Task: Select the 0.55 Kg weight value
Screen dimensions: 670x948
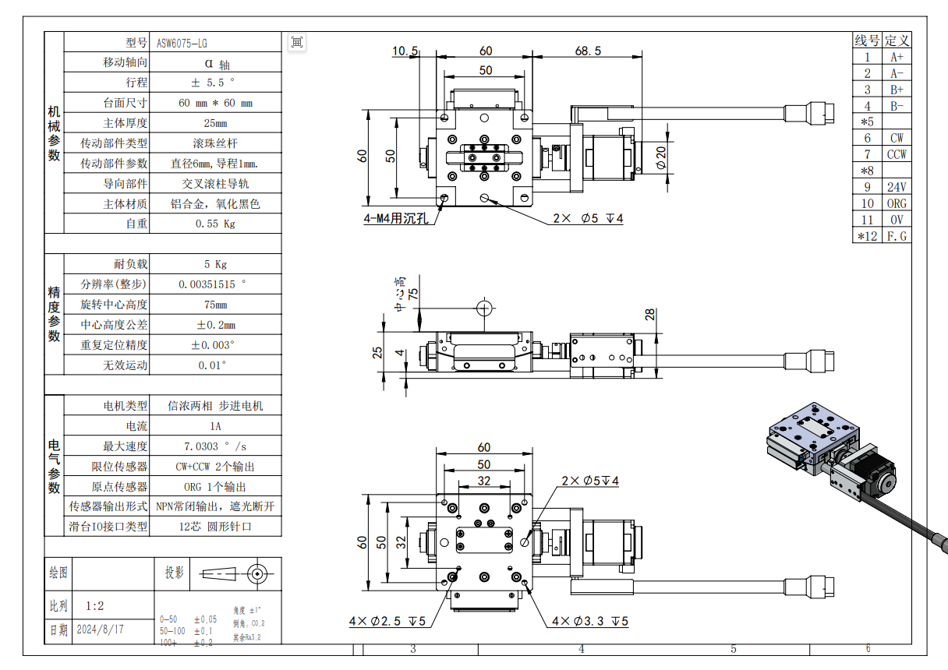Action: [x=214, y=224]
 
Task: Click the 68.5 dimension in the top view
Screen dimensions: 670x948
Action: [x=588, y=51]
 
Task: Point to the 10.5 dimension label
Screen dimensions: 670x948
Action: [x=404, y=51]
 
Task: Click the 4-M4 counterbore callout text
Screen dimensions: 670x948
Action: [x=396, y=219]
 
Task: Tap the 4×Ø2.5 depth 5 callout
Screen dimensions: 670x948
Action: [x=387, y=621]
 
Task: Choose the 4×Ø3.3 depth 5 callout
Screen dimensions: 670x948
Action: [x=589, y=621]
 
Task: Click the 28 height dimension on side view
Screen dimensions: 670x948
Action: [x=650, y=314]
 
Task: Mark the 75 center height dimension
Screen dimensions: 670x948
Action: [x=412, y=293]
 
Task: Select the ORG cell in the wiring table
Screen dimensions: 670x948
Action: [x=897, y=203]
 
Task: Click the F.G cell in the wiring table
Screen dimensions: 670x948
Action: [x=897, y=236]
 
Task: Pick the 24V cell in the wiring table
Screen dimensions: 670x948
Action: [x=897, y=187]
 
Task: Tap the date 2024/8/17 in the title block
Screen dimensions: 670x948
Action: [x=100, y=629]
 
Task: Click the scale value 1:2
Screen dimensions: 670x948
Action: [x=95, y=605]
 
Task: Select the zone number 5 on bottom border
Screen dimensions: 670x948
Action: [x=733, y=648]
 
